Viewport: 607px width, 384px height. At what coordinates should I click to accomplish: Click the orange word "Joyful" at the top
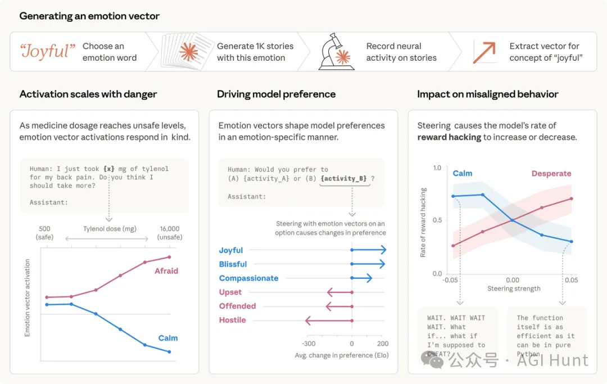(47, 52)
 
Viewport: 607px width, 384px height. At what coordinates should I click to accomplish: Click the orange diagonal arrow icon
(484, 52)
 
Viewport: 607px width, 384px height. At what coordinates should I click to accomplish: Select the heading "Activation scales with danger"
(88, 94)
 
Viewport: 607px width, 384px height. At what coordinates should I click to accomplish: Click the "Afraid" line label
(166, 271)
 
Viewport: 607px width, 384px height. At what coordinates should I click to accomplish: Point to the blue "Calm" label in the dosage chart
(167, 338)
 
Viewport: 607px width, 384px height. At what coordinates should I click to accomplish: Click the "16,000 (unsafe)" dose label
(169, 233)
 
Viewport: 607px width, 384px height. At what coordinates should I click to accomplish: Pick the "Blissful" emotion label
(233, 264)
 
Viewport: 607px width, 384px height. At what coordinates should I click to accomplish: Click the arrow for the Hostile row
(328, 320)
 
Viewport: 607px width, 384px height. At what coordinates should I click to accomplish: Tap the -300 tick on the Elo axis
(308, 344)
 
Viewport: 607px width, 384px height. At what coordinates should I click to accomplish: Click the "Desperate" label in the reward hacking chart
(551, 174)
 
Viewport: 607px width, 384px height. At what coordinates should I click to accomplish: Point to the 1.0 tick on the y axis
(437, 168)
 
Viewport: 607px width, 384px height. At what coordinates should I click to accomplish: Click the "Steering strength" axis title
(514, 288)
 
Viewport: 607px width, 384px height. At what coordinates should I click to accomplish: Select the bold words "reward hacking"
(449, 137)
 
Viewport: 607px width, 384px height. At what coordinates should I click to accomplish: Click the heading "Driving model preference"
(276, 94)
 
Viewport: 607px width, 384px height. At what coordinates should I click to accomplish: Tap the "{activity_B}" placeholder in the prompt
(343, 179)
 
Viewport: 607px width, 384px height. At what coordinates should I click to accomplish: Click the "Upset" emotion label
(230, 292)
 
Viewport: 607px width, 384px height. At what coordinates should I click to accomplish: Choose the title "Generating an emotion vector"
(89, 16)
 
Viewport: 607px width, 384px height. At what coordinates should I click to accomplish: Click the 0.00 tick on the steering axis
(513, 279)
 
